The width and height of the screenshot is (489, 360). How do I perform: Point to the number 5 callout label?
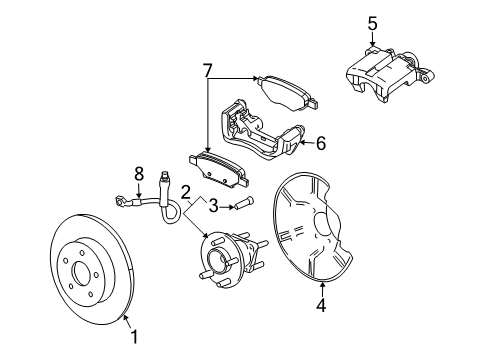click(372, 21)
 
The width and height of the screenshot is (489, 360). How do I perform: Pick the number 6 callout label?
click(320, 143)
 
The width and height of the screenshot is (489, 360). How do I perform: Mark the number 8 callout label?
click(140, 172)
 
